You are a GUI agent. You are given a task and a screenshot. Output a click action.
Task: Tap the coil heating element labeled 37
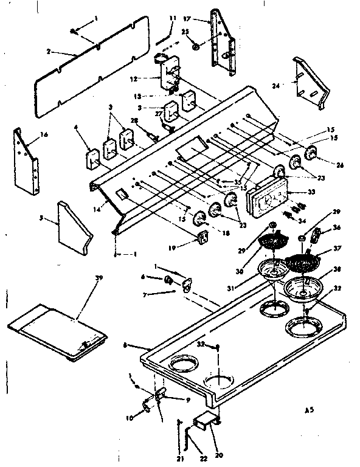point(305,262)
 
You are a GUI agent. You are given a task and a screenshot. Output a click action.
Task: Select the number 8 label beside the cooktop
point(125,345)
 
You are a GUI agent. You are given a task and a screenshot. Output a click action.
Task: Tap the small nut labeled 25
point(195,46)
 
